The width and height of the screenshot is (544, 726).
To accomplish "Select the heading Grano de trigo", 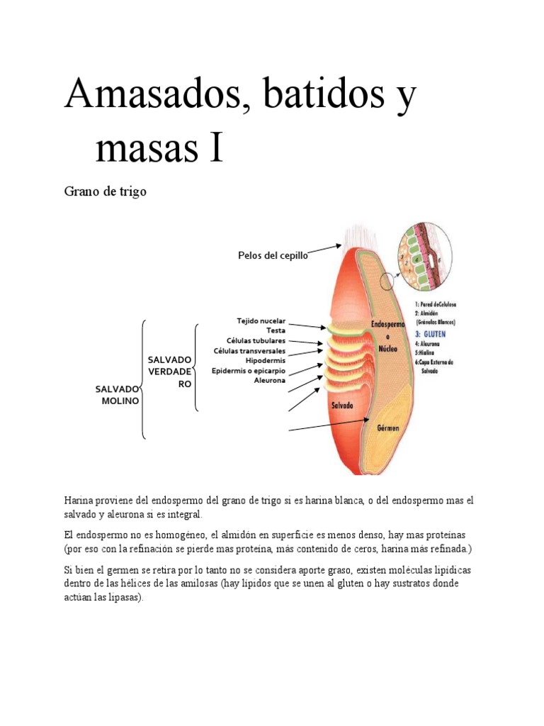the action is pos(106,192).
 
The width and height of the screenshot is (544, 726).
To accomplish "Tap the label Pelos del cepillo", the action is pos(273,255).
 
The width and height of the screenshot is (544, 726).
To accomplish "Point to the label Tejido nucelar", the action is pos(261,320).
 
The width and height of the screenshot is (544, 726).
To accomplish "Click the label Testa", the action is pos(276,330).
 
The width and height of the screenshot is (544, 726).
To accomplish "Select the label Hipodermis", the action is pos(266,360).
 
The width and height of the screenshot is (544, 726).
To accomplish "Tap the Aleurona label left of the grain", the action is pos(269,380).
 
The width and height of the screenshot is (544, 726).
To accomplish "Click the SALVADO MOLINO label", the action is pos(118,395).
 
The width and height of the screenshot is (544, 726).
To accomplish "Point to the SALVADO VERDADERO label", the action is pos(169,372).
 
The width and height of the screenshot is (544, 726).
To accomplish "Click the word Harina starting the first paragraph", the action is pos(79,501).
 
